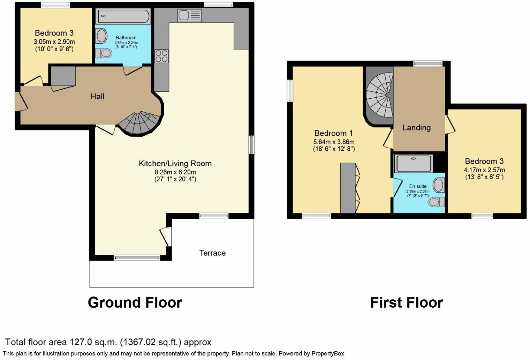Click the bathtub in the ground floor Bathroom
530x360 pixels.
(123, 16)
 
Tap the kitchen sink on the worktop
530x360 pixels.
(189, 15)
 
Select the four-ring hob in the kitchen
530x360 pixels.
(161, 56)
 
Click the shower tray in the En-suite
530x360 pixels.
(414, 164)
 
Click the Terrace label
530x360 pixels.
(212, 253)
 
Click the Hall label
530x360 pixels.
(97, 96)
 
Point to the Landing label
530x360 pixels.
(416, 128)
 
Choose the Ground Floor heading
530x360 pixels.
(135, 302)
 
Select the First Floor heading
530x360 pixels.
(406, 302)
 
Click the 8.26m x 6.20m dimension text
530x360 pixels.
(175, 172)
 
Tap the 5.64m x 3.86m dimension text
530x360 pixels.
(334, 142)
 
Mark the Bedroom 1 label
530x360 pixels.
(334, 133)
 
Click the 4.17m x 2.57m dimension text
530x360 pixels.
(484, 170)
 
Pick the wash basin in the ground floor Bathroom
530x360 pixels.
(101, 36)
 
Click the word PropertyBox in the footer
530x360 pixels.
(327, 353)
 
